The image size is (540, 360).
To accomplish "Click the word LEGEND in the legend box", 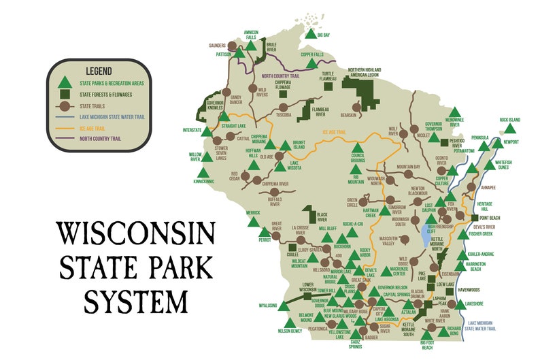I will pyautogui.click(x=99, y=70).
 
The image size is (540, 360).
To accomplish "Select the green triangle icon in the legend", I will pyautogui.click(x=65, y=82).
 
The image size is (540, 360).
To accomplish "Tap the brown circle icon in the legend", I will pyautogui.click(x=65, y=105).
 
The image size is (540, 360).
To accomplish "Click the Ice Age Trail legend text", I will pyautogui.click(x=93, y=127).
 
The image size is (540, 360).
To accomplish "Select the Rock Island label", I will pyautogui.click(x=509, y=120).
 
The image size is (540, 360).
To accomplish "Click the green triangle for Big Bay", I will pyautogui.click(x=310, y=33).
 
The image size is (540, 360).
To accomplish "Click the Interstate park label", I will pyautogui.click(x=192, y=129).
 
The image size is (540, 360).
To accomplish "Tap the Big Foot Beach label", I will pyautogui.click(x=427, y=346).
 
